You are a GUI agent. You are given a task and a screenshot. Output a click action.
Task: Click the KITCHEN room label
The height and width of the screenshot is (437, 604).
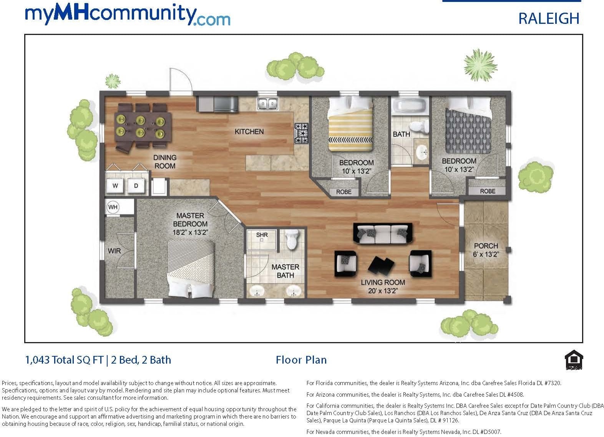coord(249,132)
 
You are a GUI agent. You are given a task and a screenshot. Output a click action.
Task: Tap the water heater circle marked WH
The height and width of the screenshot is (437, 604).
coord(113,207)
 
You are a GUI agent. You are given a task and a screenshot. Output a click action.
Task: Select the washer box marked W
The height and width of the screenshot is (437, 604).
coord(115,186)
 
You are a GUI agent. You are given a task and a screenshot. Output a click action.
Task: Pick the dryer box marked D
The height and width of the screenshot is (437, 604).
coord(136,186)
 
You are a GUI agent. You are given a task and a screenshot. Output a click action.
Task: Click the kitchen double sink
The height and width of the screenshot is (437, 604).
coord(267,104)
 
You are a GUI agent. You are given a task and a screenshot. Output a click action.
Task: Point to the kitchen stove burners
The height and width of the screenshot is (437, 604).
coord(301,133)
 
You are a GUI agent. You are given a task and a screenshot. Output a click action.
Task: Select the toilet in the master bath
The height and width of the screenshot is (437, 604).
coord(293,239)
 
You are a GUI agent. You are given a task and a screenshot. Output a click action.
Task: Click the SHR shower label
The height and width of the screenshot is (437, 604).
coord(262,235)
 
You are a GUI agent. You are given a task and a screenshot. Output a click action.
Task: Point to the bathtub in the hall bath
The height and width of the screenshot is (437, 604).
coord(410,106)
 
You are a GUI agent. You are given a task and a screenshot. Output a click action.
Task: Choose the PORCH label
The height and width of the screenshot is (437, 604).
coord(486,246)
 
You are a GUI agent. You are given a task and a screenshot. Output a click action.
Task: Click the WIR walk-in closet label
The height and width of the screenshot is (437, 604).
coord(114,251)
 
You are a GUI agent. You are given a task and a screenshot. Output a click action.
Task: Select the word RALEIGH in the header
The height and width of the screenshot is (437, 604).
coord(549,18)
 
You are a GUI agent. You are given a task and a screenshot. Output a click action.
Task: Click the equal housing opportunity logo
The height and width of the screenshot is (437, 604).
coord(574,360)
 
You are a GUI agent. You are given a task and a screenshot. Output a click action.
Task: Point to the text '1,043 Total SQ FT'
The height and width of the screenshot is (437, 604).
coord(64,360)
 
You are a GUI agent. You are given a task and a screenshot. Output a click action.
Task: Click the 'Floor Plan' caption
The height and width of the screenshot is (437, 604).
coord(301,360)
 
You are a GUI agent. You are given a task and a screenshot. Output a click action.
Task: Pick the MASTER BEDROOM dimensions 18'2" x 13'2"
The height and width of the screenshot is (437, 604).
coord(190,232)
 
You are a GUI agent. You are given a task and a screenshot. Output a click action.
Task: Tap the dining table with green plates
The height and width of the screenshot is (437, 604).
coord(143,127)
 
